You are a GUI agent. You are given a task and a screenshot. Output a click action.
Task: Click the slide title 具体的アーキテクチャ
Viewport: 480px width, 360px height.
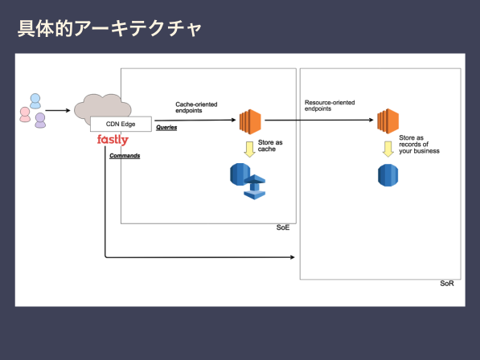point(109,29)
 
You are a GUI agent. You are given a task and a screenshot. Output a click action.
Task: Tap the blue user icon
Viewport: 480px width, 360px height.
point(35,101)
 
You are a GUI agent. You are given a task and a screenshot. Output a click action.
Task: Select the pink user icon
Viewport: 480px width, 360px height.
point(25,114)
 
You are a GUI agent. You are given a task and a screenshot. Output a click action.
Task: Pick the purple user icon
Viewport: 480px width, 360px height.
point(40,121)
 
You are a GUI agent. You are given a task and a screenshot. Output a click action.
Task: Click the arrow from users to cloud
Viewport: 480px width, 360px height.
point(58,110)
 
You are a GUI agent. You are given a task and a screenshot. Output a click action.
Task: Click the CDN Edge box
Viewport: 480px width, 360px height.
point(121,124)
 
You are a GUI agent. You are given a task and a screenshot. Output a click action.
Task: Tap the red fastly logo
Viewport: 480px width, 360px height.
point(113,140)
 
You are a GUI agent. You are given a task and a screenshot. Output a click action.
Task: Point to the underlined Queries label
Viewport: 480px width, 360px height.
point(166,127)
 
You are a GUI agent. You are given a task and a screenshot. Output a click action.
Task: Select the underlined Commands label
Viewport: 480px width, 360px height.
point(125,156)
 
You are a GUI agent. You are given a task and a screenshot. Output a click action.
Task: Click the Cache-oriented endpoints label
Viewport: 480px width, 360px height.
point(196,108)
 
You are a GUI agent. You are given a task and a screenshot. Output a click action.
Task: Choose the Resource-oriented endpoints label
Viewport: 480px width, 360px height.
point(330,105)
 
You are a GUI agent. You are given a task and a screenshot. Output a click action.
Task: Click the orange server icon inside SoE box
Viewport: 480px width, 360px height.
point(250,121)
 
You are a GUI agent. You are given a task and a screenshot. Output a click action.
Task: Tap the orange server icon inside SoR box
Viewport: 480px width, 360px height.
point(388,121)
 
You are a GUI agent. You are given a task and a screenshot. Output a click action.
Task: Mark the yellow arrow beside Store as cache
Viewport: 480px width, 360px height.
point(249,149)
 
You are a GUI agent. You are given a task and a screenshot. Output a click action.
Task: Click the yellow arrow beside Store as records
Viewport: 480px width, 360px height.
point(388,149)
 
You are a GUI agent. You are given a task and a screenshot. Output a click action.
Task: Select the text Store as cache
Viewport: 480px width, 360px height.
point(270,145)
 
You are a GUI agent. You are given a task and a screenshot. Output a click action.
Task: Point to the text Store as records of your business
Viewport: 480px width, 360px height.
point(419,145)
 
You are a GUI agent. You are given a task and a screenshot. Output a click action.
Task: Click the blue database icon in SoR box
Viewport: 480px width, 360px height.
point(388,175)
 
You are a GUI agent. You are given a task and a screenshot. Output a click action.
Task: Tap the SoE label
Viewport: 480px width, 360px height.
point(283,227)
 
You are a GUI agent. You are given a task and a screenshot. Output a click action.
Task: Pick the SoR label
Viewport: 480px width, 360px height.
point(447,284)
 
